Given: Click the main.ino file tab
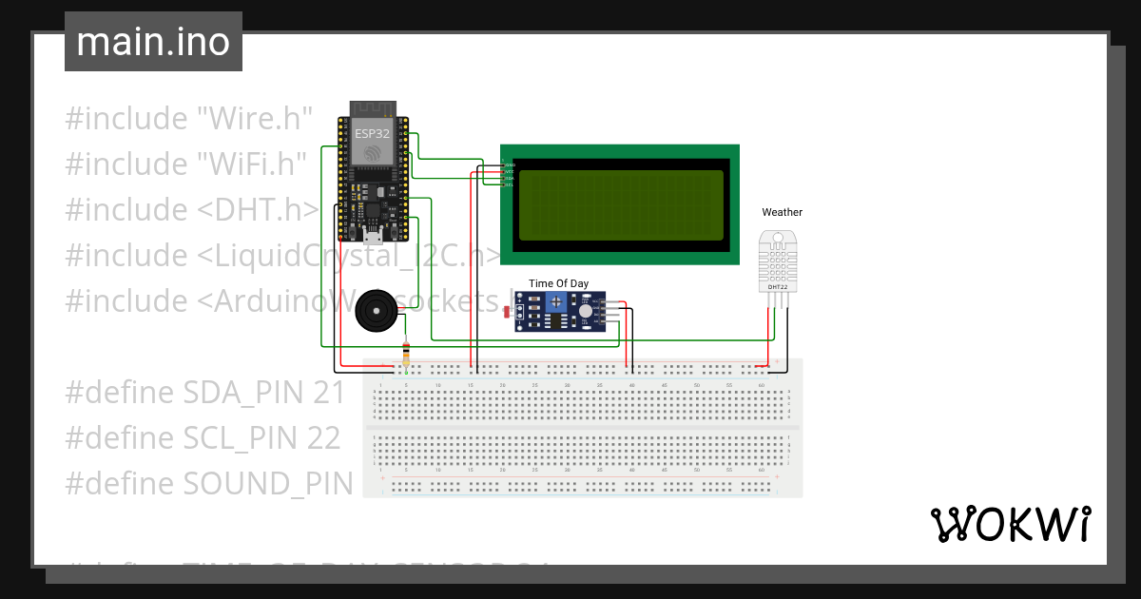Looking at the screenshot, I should tap(153, 42).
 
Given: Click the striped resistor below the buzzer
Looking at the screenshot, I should tap(407, 355).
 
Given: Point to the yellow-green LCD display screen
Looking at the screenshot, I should tap(620, 204).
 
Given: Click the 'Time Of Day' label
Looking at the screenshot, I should tap(558, 283).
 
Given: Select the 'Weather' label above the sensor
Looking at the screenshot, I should tap(782, 212).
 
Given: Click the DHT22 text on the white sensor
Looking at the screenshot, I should tap(778, 286).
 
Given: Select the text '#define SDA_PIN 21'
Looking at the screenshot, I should tap(204, 392).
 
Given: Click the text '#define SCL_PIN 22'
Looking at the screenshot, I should tap(203, 437).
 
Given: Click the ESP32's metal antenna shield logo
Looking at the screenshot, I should tap(373, 153).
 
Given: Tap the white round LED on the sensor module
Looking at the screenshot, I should tap(585, 311).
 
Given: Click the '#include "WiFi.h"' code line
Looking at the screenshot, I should tap(186, 164).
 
